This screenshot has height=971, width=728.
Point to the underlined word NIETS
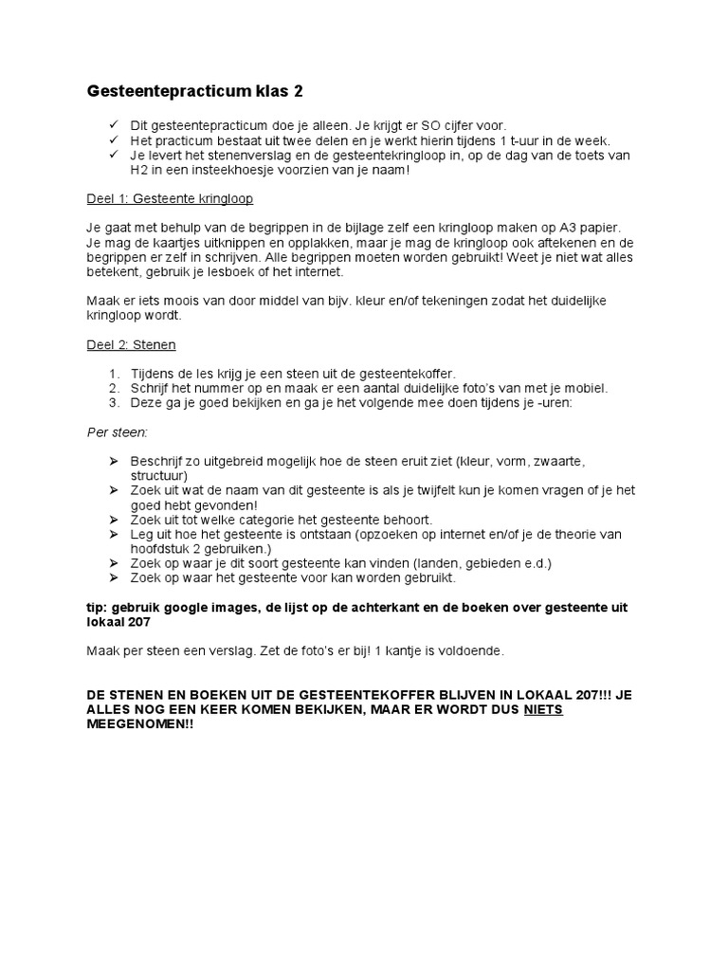(x=544, y=708)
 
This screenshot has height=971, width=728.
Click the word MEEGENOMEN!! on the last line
(x=133, y=724)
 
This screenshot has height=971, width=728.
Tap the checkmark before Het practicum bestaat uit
(x=113, y=140)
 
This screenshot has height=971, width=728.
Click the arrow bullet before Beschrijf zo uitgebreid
(x=113, y=462)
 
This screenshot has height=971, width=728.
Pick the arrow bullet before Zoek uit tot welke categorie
(x=113, y=520)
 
